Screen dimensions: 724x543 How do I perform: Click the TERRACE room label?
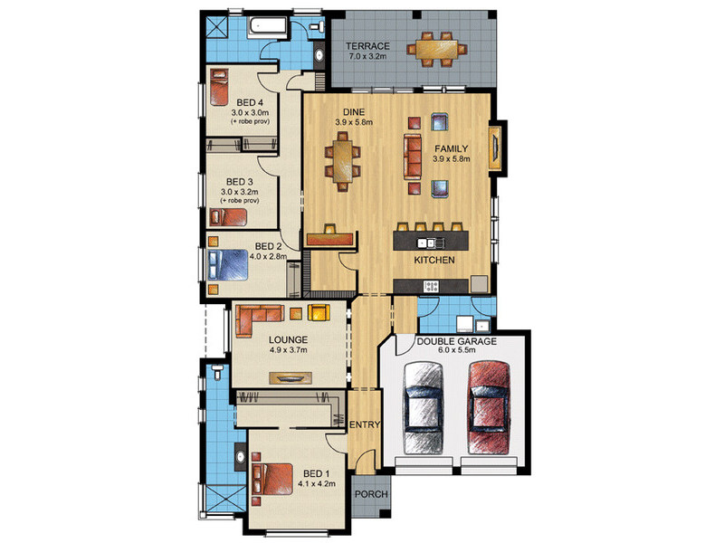pyautogui.click(x=368, y=46)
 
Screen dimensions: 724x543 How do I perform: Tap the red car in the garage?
pyautogui.click(x=490, y=408)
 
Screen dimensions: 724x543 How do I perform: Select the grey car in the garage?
pyautogui.click(x=424, y=408)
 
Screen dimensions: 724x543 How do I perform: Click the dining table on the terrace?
pyautogui.click(x=436, y=49)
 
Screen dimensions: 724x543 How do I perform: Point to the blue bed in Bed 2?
pyautogui.click(x=228, y=265)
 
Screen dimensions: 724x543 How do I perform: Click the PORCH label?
pyautogui.click(x=371, y=494)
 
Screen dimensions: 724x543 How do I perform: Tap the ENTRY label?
pyautogui.click(x=365, y=424)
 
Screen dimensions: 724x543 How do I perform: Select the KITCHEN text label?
pyautogui.click(x=434, y=260)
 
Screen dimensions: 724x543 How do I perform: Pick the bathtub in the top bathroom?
pyautogui.click(x=268, y=27)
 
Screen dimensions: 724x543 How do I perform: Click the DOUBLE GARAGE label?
pyautogui.click(x=457, y=342)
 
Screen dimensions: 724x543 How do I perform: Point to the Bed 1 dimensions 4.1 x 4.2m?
pyautogui.click(x=317, y=484)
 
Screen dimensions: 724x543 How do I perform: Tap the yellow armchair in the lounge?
pyautogui.click(x=319, y=312)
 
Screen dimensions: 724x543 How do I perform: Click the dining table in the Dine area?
pyautogui.click(x=342, y=162)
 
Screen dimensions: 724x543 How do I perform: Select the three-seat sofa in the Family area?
pyautogui.click(x=413, y=157)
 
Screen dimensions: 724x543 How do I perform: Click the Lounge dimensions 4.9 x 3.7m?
pyautogui.click(x=288, y=350)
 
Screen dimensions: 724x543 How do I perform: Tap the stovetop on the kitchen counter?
pyautogui.click(x=431, y=286)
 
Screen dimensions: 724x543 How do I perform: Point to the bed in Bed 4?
pyautogui.click(x=219, y=87)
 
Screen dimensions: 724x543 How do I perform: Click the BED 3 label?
pyautogui.click(x=240, y=182)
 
